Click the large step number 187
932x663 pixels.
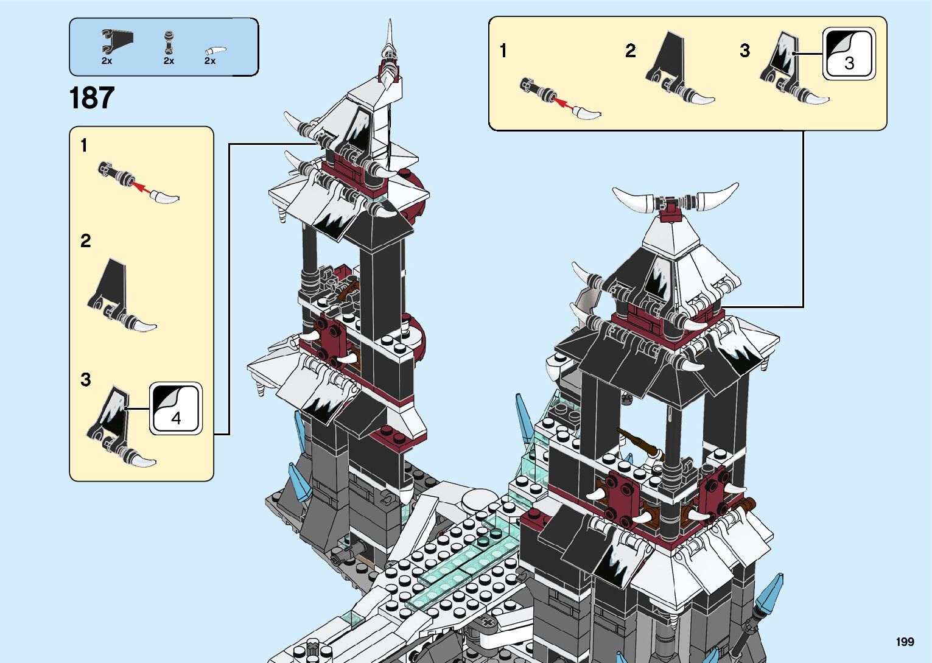tap(92, 98)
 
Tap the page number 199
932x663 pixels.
tap(905, 642)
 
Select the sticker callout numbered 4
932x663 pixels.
tap(176, 409)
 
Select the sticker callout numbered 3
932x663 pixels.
tap(849, 54)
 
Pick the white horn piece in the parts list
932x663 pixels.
tap(215, 51)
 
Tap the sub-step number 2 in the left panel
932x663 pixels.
tap(85, 241)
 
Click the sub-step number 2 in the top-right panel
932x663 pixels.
tap(630, 51)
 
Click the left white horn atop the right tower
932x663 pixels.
tap(633, 200)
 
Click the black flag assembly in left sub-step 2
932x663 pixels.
tap(119, 295)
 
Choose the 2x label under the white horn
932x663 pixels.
tap(210, 61)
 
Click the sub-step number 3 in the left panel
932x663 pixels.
tap(85, 380)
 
